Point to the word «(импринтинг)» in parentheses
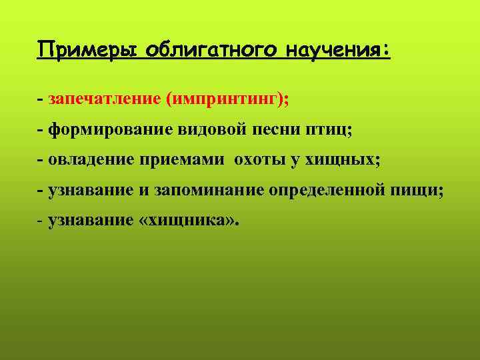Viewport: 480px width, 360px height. [227, 99]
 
